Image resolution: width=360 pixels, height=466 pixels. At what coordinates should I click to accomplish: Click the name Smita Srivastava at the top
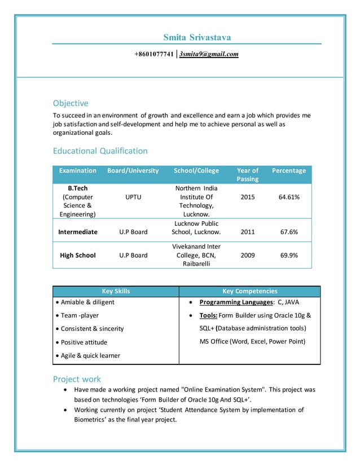point(197,37)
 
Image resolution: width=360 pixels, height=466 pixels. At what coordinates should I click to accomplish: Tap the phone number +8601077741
point(153,54)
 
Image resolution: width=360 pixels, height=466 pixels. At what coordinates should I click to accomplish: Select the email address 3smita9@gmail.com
point(209,54)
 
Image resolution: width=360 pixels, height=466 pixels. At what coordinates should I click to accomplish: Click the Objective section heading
point(71,103)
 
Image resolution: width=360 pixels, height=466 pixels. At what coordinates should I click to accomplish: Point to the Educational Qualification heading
point(100,151)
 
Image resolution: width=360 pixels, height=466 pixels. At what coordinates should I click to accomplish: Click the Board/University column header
point(133,170)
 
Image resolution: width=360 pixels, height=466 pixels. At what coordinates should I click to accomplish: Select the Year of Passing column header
point(247,174)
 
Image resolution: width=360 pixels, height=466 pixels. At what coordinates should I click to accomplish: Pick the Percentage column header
point(289,170)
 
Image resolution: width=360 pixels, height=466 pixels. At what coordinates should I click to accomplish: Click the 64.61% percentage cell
point(289,197)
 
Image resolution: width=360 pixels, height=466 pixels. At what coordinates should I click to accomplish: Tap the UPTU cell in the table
point(133,197)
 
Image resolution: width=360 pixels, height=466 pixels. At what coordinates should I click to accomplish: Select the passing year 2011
point(247,232)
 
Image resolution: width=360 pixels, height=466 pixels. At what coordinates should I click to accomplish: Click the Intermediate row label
point(78,232)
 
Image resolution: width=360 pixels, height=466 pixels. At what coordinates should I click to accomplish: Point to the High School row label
point(78,256)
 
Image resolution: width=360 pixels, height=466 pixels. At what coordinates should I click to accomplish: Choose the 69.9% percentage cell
point(289,256)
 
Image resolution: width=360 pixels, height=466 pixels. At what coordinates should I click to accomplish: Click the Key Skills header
point(115,291)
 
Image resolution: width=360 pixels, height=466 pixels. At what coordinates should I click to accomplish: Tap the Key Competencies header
point(249,291)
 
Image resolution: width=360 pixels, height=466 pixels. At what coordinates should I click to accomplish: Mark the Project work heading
point(77,379)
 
